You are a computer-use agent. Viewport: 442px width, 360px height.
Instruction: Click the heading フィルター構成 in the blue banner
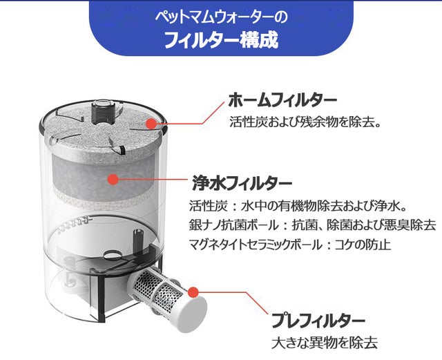[x=221, y=40]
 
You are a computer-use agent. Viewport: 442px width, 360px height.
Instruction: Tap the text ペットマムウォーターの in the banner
[x=221, y=17]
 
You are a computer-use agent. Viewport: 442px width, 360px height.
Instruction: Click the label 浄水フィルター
[x=242, y=183]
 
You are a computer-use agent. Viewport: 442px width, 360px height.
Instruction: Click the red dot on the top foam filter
[x=151, y=123]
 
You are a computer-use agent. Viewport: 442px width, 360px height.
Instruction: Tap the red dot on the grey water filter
[x=113, y=179]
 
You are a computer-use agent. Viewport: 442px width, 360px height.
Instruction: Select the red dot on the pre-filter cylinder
[x=193, y=292]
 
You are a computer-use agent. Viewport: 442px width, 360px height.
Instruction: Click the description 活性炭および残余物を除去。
[x=305, y=122]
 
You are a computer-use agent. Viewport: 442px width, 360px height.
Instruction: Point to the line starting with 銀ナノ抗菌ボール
[x=313, y=225]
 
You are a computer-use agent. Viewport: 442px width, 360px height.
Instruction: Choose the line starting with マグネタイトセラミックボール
[x=290, y=245]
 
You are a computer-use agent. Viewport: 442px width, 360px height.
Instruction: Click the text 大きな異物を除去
[x=325, y=343]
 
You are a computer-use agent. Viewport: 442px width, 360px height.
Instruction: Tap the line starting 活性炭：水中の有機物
[x=298, y=206]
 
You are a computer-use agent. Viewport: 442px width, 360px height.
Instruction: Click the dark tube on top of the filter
[x=104, y=112]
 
